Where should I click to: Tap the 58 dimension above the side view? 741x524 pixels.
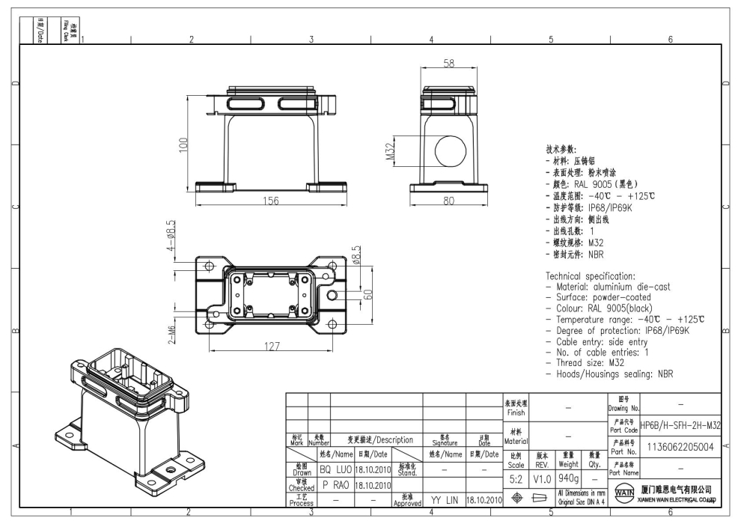(449, 65)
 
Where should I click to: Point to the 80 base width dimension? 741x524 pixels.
(449, 200)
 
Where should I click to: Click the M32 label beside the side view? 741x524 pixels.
(391, 152)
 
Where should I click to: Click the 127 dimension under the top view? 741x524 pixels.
(272, 347)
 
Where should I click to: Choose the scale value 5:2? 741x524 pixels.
(516, 477)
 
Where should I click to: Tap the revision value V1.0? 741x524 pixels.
(542, 477)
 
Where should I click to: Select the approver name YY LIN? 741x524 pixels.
(444, 499)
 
